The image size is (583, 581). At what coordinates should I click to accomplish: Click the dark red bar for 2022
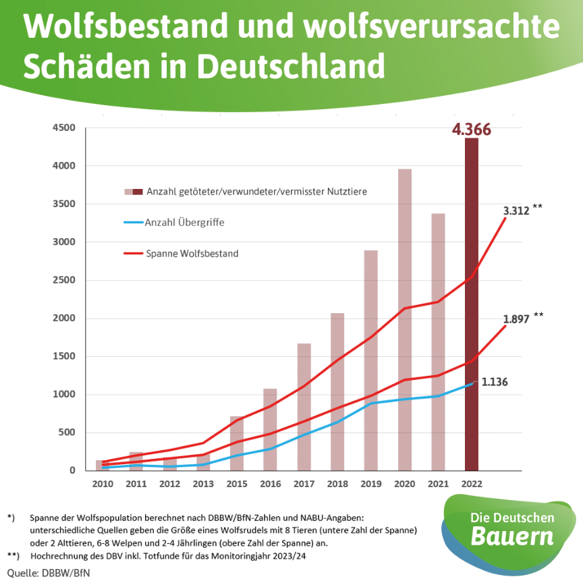point(472,304)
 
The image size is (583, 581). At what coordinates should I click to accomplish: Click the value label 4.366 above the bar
point(471,129)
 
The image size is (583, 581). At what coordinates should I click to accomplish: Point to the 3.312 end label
point(516,210)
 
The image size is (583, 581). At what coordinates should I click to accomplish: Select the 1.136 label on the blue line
point(495,382)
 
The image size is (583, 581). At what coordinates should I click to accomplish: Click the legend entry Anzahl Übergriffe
point(186,221)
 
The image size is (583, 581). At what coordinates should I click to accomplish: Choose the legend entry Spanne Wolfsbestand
point(192,254)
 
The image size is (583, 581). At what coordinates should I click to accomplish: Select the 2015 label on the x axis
point(237,483)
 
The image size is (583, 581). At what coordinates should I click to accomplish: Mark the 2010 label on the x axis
point(103,483)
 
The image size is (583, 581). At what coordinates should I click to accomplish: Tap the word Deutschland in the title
point(291,65)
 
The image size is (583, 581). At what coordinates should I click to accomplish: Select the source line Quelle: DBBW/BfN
point(49,572)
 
